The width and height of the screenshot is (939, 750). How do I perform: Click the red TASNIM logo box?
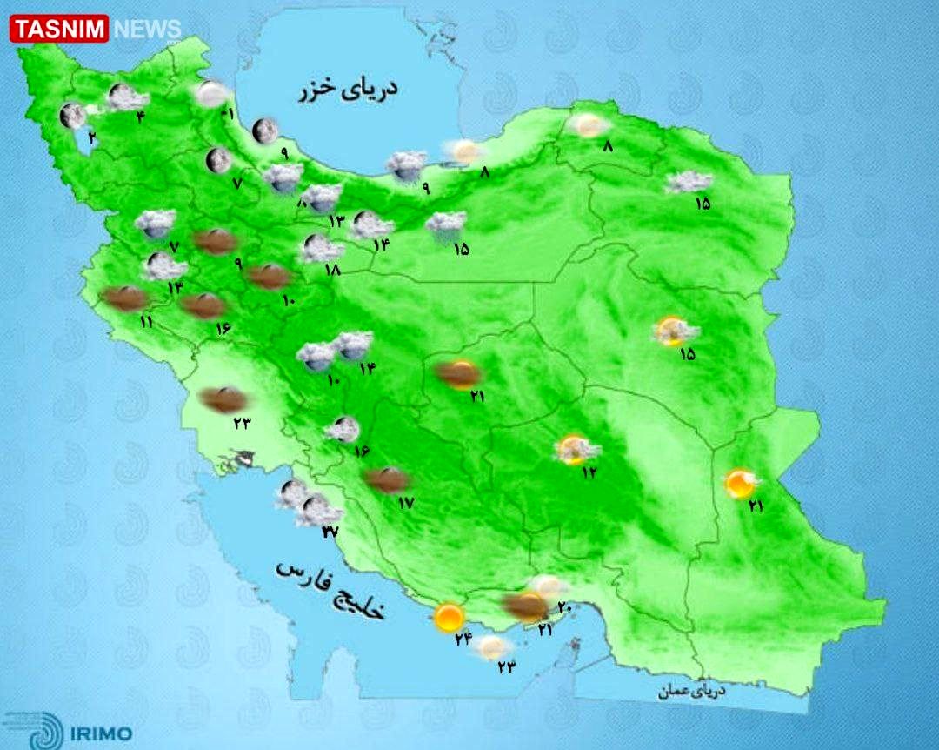coord(59,29)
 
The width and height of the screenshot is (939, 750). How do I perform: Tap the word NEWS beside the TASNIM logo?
coord(146,30)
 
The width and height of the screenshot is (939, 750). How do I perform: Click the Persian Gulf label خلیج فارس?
coord(330,589)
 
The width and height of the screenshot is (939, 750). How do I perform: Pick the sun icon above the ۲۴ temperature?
coord(449,617)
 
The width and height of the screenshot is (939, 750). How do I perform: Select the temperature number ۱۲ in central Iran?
coord(590,472)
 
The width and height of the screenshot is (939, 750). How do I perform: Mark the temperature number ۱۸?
coord(331,271)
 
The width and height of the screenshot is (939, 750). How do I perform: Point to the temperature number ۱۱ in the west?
coord(145,323)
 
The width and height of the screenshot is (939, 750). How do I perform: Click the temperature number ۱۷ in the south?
coord(405,503)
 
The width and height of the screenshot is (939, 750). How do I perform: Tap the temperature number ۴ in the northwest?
coord(141,117)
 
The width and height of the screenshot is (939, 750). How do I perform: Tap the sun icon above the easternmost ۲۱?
coord(741,483)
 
